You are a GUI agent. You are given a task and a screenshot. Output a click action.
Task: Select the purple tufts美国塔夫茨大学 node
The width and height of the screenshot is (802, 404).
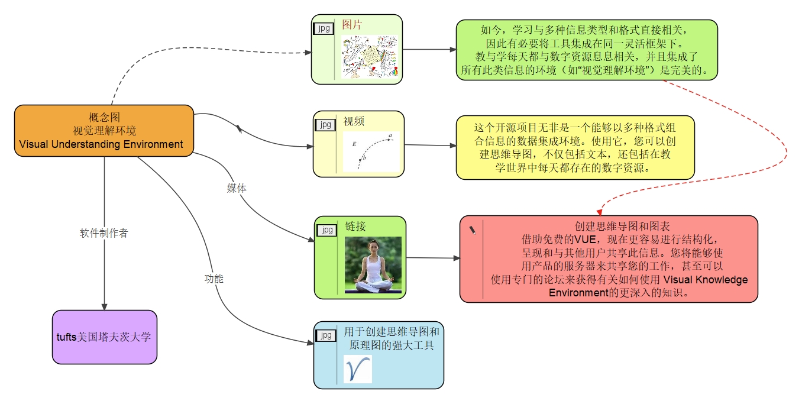point(104,337)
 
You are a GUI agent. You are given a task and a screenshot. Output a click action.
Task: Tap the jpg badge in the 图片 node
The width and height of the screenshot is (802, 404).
point(323,28)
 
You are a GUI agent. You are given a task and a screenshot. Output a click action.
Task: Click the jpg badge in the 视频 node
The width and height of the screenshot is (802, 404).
point(325,125)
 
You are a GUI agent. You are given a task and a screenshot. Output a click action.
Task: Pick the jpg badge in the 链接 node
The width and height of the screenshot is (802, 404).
point(326,230)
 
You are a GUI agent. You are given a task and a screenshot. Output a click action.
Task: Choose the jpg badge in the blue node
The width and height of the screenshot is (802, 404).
point(325,336)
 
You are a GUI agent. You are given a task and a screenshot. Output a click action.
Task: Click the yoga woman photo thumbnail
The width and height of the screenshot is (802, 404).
point(373,265)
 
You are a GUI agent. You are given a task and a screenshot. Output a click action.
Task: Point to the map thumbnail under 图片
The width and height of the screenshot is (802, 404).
point(369,56)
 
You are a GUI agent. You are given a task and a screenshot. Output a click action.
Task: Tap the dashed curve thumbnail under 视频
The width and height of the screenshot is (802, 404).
point(371,151)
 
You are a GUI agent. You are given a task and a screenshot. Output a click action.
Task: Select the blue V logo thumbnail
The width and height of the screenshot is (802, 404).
point(358,369)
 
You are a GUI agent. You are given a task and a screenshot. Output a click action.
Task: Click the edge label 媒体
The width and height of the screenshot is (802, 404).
point(237,189)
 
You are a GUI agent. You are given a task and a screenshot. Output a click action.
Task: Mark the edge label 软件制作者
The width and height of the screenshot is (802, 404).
point(104,233)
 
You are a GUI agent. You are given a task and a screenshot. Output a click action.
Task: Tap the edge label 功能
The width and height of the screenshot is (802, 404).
point(214,279)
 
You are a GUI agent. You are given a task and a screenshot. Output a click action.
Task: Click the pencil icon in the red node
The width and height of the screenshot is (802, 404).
point(473,231)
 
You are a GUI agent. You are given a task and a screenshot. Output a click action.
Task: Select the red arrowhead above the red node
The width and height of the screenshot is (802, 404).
point(599,211)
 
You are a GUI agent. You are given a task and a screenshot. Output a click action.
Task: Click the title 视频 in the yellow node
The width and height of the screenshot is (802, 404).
point(354,122)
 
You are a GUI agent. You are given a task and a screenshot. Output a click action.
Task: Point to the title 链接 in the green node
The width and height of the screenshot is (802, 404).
point(355,226)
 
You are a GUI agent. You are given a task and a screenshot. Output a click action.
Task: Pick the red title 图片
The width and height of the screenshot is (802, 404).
point(352,25)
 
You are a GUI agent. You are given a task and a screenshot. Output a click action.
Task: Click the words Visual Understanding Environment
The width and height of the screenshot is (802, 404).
point(101,144)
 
